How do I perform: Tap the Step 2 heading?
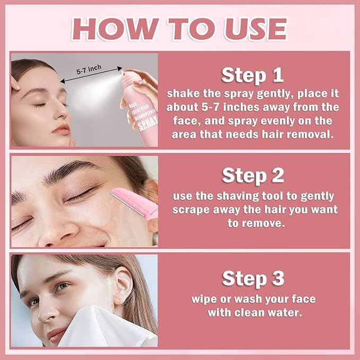click(x=252, y=175)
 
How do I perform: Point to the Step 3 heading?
click(x=252, y=278)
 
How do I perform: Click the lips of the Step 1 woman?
click(x=61, y=129)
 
